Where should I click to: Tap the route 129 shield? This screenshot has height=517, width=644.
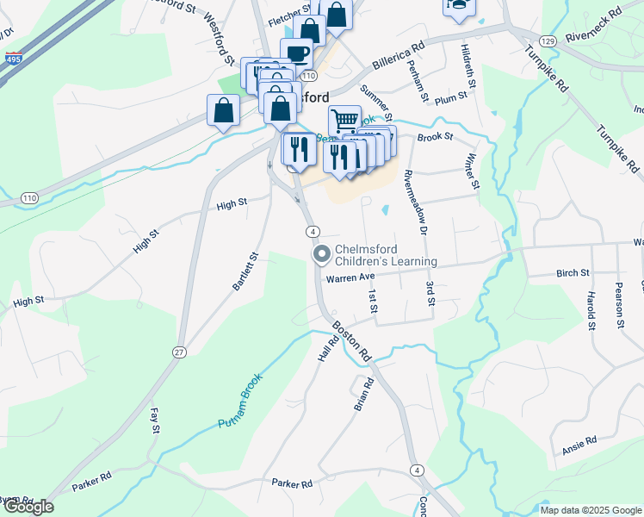548,41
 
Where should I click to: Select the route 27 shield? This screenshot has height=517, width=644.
179,352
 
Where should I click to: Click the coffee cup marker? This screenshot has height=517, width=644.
296,53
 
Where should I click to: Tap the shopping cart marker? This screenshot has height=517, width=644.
344,121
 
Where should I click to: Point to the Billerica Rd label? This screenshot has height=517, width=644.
399,56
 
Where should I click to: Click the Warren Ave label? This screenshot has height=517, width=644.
351,278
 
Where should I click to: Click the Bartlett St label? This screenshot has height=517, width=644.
245,271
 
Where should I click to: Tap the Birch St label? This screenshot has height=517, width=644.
573,273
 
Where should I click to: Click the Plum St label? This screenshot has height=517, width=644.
451,100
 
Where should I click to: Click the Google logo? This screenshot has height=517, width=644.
28,507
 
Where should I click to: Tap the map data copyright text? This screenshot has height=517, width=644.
590,510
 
